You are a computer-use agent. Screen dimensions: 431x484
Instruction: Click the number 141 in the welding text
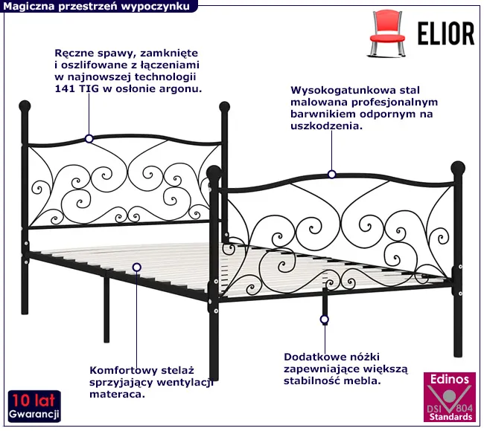[64, 88]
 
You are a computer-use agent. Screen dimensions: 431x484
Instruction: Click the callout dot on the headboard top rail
[89, 138]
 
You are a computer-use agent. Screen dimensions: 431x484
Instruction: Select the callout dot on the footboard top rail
[331, 175]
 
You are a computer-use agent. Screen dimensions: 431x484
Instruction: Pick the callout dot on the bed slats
[137, 266]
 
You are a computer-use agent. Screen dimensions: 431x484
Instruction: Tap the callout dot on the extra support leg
[324, 320]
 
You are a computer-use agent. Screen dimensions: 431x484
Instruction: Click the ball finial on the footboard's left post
[214, 172]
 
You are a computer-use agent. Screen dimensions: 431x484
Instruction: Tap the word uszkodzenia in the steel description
[326, 126]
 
